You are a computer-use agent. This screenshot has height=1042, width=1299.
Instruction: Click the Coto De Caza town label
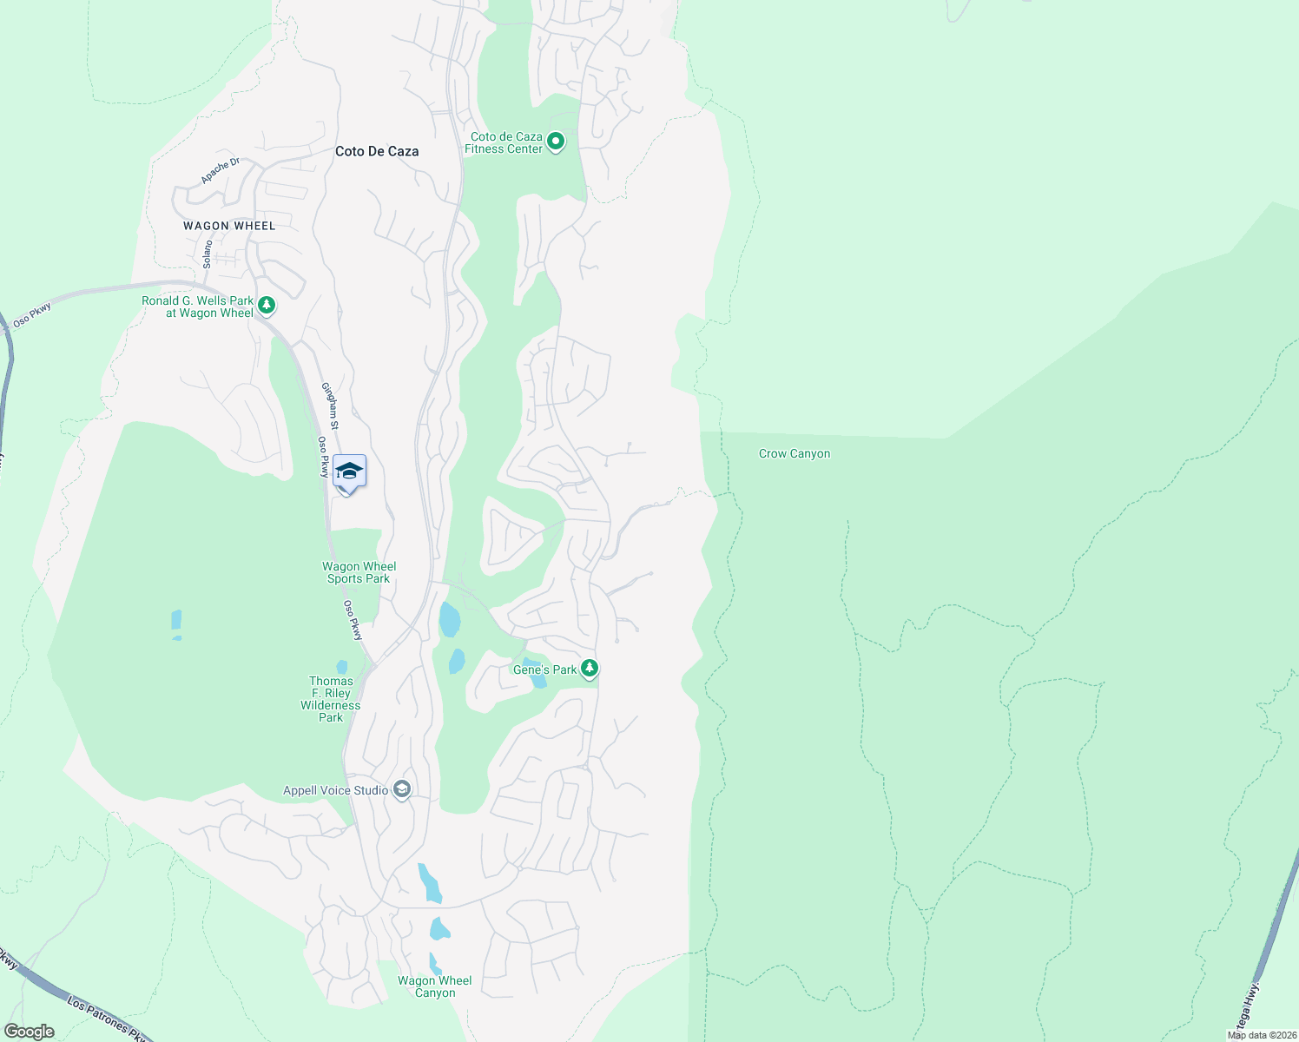pyautogui.click(x=377, y=151)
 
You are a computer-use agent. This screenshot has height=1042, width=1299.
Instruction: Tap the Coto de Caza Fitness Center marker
pyautogui.click(x=556, y=141)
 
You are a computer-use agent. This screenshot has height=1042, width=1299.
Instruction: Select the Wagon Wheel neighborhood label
pyautogui.click(x=229, y=226)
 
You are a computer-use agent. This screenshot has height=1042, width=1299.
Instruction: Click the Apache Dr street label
pyautogui.click(x=220, y=170)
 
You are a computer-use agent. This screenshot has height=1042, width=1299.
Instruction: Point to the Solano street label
pyautogui.click(x=208, y=254)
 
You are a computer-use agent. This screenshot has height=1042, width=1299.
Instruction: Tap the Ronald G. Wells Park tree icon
pyautogui.click(x=267, y=305)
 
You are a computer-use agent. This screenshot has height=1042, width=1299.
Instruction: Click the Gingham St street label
pyautogui.click(x=330, y=406)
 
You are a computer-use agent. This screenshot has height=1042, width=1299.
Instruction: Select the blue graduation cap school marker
pyautogui.click(x=349, y=472)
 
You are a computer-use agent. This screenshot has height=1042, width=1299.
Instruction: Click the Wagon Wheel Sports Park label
pyautogui.click(x=359, y=572)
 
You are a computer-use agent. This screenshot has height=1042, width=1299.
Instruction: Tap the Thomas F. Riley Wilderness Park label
pyautogui.click(x=331, y=699)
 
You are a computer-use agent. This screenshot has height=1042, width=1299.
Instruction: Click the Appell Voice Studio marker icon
pyautogui.click(x=401, y=789)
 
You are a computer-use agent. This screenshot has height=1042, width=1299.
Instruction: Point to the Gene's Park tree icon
pyautogui.click(x=590, y=668)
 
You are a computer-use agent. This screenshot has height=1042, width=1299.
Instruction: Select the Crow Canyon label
pyautogui.click(x=795, y=453)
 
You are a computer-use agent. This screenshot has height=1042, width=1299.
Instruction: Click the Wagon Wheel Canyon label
pyautogui.click(x=434, y=986)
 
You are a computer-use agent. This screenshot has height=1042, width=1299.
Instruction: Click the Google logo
pyautogui.click(x=29, y=1032)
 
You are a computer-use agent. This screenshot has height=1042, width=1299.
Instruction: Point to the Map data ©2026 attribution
pyautogui.click(x=1262, y=1035)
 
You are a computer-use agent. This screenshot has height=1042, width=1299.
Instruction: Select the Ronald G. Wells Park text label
pyautogui.click(x=198, y=307)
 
